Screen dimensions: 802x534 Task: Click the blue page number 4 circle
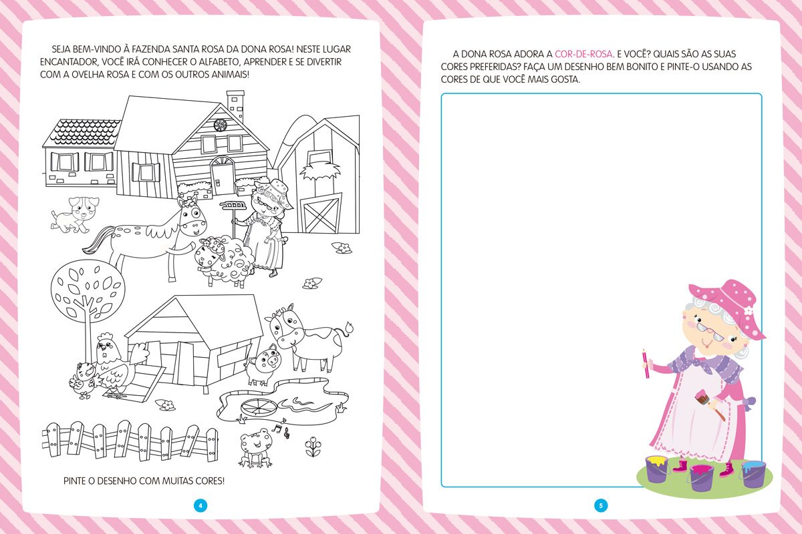tap(200, 505)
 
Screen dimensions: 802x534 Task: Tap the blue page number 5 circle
tap(601, 505)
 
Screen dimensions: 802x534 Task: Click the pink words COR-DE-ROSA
tap(583, 54)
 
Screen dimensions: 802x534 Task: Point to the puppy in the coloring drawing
tap(74, 214)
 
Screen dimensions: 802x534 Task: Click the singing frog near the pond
tap(255, 448)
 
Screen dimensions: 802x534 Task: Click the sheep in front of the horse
tap(224, 261)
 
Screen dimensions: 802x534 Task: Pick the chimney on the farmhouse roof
tap(235, 105)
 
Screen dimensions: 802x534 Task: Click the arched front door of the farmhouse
tap(223, 176)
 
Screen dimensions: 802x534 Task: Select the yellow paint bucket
tap(658, 469)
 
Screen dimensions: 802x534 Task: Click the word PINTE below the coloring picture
tap(74, 481)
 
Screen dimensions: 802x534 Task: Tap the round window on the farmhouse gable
tap(220, 125)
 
